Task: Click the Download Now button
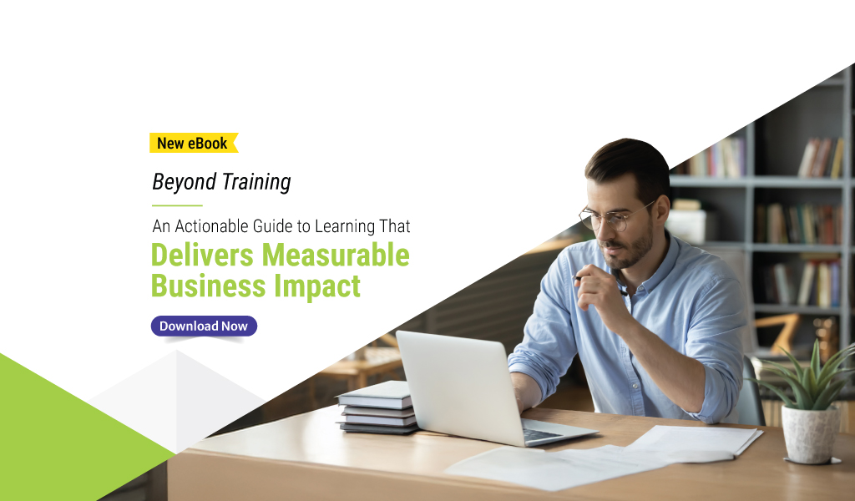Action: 204,326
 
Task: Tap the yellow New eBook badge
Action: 193,143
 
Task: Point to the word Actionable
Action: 210,226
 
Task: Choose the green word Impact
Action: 318,286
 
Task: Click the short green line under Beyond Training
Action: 177,205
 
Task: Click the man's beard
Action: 636,250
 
